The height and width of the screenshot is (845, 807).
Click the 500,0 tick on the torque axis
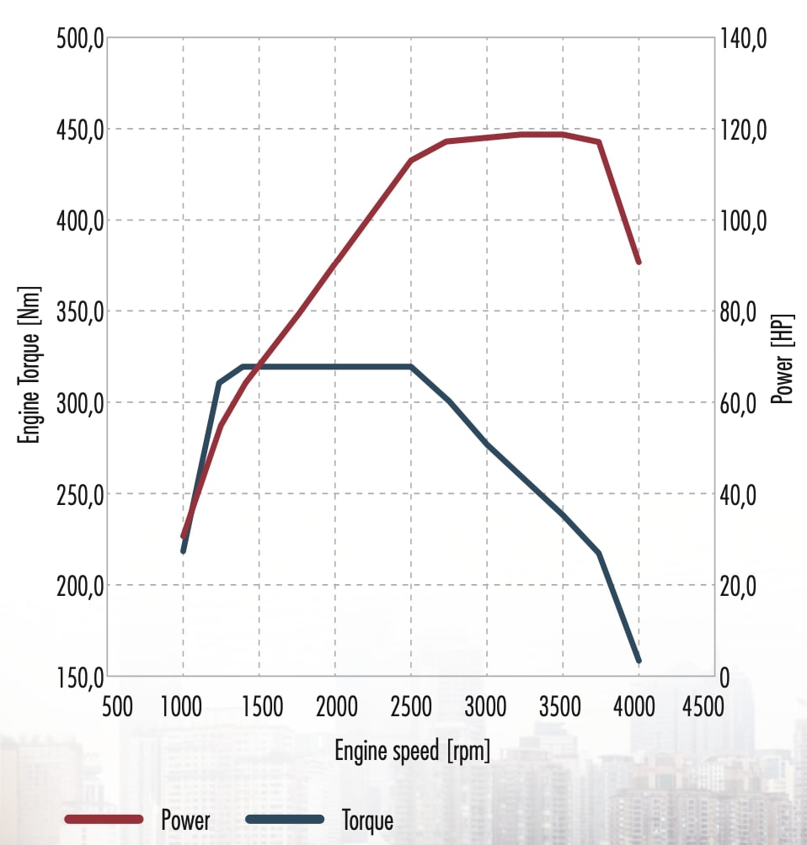(x=78, y=39)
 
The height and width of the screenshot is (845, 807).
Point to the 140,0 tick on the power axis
(x=744, y=39)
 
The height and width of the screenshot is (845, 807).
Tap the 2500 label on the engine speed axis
(x=411, y=706)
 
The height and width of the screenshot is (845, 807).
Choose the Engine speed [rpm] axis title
(x=412, y=750)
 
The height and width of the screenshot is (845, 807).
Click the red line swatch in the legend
(x=104, y=819)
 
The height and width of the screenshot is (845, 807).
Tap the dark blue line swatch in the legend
(x=286, y=819)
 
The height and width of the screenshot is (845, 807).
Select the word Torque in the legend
(x=367, y=819)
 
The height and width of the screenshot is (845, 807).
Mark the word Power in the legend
(x=185, y=819)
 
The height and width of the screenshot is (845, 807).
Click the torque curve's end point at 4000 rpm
(x=639, y=661)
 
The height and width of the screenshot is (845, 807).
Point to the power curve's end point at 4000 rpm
(x=639, y=262)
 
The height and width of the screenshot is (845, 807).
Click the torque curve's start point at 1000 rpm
(x=184, y=550)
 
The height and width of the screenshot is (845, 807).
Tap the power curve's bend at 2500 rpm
(x=411, y=160)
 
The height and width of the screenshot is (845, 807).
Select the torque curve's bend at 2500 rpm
(x=411, y=367)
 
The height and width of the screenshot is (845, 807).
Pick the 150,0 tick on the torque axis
(x=78, y=677)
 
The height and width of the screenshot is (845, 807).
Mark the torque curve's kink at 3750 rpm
(x=600, y=553)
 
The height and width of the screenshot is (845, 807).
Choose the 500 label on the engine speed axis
(x=116, y=706)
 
